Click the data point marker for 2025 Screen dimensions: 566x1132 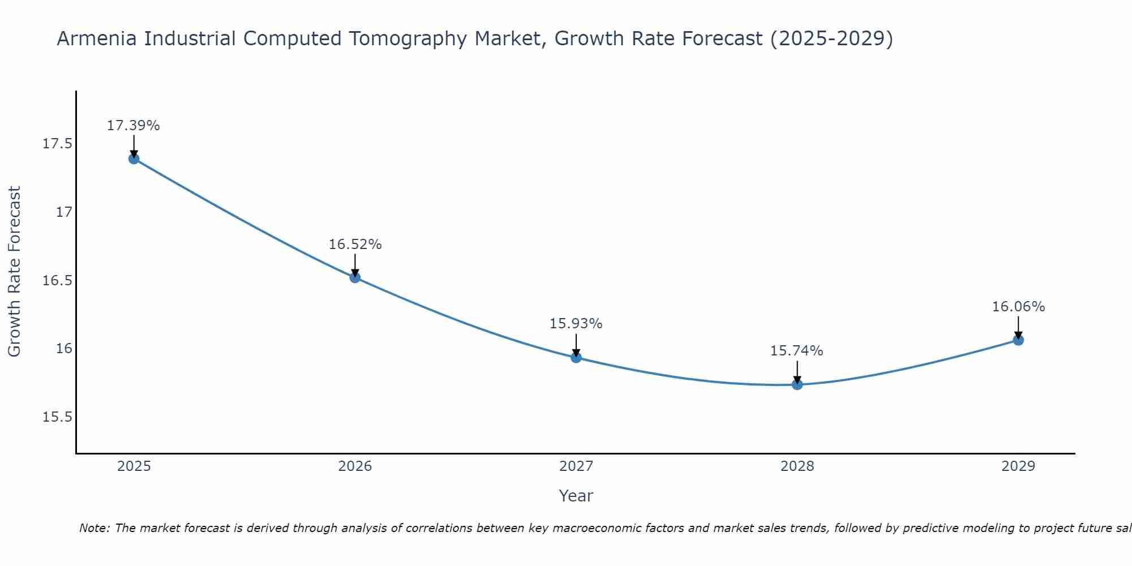(x=134, y=158)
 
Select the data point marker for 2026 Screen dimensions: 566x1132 (x=355, y=277)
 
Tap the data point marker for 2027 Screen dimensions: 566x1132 (x=576, y=357)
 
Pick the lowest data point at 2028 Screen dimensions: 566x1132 (x=797, y=384)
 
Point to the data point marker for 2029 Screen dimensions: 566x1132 (x=1018, y=340)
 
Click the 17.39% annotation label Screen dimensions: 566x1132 (x=134, y=126)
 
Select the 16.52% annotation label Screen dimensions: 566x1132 (x=355, y=245)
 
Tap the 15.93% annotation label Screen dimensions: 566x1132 (x=576, y=324)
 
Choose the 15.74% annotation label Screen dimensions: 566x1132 (x=797, y=351)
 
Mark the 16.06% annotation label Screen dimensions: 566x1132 (x=1018, y=307)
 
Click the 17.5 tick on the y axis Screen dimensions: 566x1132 (x=58, y=144)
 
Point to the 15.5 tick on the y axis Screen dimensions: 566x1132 (x=58, y=417)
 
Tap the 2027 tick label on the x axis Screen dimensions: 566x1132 (x=576, y=466)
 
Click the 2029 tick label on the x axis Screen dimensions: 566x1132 (x=1018, y=466)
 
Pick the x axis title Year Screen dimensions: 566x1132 (x=576, y=496)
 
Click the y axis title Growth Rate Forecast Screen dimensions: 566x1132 (x=15, y=272)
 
